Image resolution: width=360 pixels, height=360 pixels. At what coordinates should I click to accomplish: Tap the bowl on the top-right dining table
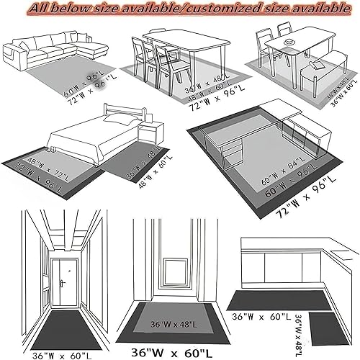(288, 45)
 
